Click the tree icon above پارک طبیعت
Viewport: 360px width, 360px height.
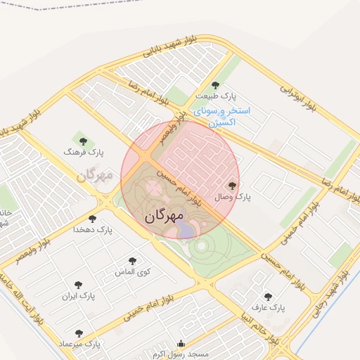[216, 85]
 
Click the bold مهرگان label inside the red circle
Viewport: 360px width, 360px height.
[165, 216]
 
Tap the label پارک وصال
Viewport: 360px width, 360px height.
[233, 198]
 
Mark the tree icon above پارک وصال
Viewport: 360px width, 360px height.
[233, 186]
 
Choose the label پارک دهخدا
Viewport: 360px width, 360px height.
[93, 230]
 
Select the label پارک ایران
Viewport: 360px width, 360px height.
[78, 296]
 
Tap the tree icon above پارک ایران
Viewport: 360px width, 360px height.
[78, 285]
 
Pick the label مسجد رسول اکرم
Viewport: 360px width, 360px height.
[181, 354]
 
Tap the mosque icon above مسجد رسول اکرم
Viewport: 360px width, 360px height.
[181, 345]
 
